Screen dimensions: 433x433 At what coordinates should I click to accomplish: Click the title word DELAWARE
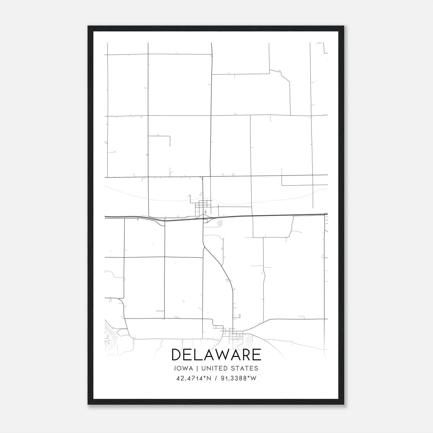(216, 355)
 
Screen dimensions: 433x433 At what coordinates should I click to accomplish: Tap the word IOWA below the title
(183, 368)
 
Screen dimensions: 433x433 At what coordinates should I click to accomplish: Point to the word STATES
(245, 368)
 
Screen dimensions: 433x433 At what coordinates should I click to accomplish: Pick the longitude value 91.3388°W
(238, 378)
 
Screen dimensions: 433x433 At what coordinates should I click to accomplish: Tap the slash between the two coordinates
(216, 378)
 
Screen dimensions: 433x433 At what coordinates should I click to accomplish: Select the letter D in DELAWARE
(176, 355)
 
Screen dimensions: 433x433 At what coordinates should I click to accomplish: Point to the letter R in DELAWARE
(246, 355)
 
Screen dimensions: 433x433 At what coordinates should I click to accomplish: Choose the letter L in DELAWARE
(199, 355)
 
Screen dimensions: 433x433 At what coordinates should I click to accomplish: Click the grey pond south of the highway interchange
(220, 223)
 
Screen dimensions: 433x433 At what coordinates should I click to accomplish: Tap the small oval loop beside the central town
(205, 212)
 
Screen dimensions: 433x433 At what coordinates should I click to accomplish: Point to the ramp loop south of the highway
(205, 221)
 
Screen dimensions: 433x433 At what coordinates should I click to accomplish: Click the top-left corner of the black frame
(88, 26)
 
